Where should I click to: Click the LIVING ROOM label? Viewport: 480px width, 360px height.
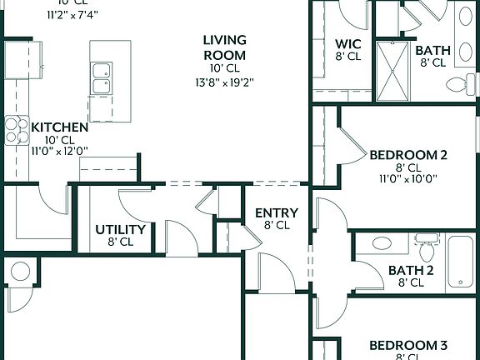coord(225,47)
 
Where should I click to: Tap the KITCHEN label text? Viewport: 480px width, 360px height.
coord(59,127)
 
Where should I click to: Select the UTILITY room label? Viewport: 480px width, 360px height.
coord(121,229)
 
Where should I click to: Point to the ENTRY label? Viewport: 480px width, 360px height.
coord(277,212)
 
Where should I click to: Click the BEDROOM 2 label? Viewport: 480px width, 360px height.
coord(408,154)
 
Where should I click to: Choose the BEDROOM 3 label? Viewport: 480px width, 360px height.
coord(408,345)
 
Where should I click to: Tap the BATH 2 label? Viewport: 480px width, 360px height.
coord(411,270)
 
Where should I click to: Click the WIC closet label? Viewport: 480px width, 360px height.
coord(347,44)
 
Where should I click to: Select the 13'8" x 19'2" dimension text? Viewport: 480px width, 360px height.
coord(225,82)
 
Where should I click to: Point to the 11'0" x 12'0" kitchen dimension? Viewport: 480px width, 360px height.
coord(59,151)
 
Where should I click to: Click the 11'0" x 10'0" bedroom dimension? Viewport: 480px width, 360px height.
coord(408,177)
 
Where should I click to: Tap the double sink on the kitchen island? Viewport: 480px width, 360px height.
coord(102,79)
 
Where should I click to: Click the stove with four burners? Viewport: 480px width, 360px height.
coord(17,129)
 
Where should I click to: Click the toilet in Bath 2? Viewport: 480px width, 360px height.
coord(427,248)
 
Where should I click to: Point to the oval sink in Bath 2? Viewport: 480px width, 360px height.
coord(382,244)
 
